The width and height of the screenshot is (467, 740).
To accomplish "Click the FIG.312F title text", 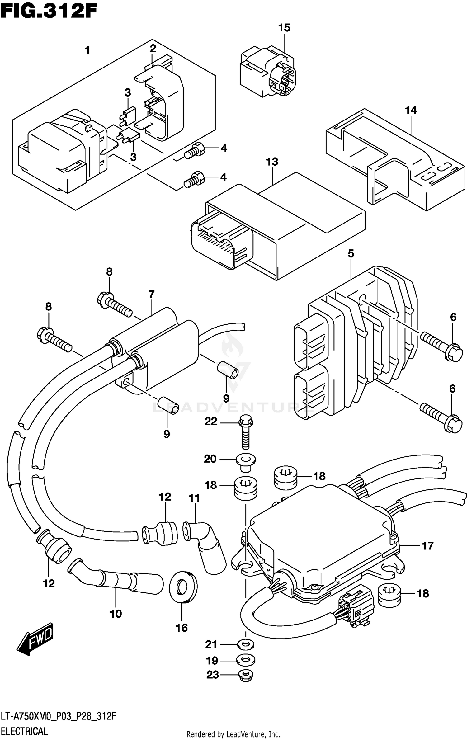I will (49, 12).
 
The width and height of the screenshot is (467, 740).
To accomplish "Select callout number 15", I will (284, 28).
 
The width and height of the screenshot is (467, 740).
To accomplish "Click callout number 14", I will (410, 111).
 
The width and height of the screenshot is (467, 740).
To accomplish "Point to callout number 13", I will (272, 162).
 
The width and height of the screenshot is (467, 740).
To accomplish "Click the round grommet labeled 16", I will (183, 587).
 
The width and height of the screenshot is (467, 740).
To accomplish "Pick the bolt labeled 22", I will (246, 434).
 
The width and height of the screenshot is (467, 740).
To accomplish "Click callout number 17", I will (427, 546).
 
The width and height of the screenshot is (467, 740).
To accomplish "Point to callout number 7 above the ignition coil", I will (151, 294).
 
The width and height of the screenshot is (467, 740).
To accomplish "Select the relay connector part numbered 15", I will (268, 73).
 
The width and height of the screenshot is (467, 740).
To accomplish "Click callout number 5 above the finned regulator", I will (351, 254).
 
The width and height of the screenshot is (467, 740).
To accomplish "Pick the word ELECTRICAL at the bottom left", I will (24, 731).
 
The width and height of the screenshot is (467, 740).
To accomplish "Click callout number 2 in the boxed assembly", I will (153, 49).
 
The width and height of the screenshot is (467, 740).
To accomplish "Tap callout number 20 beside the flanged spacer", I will (210, 459).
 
